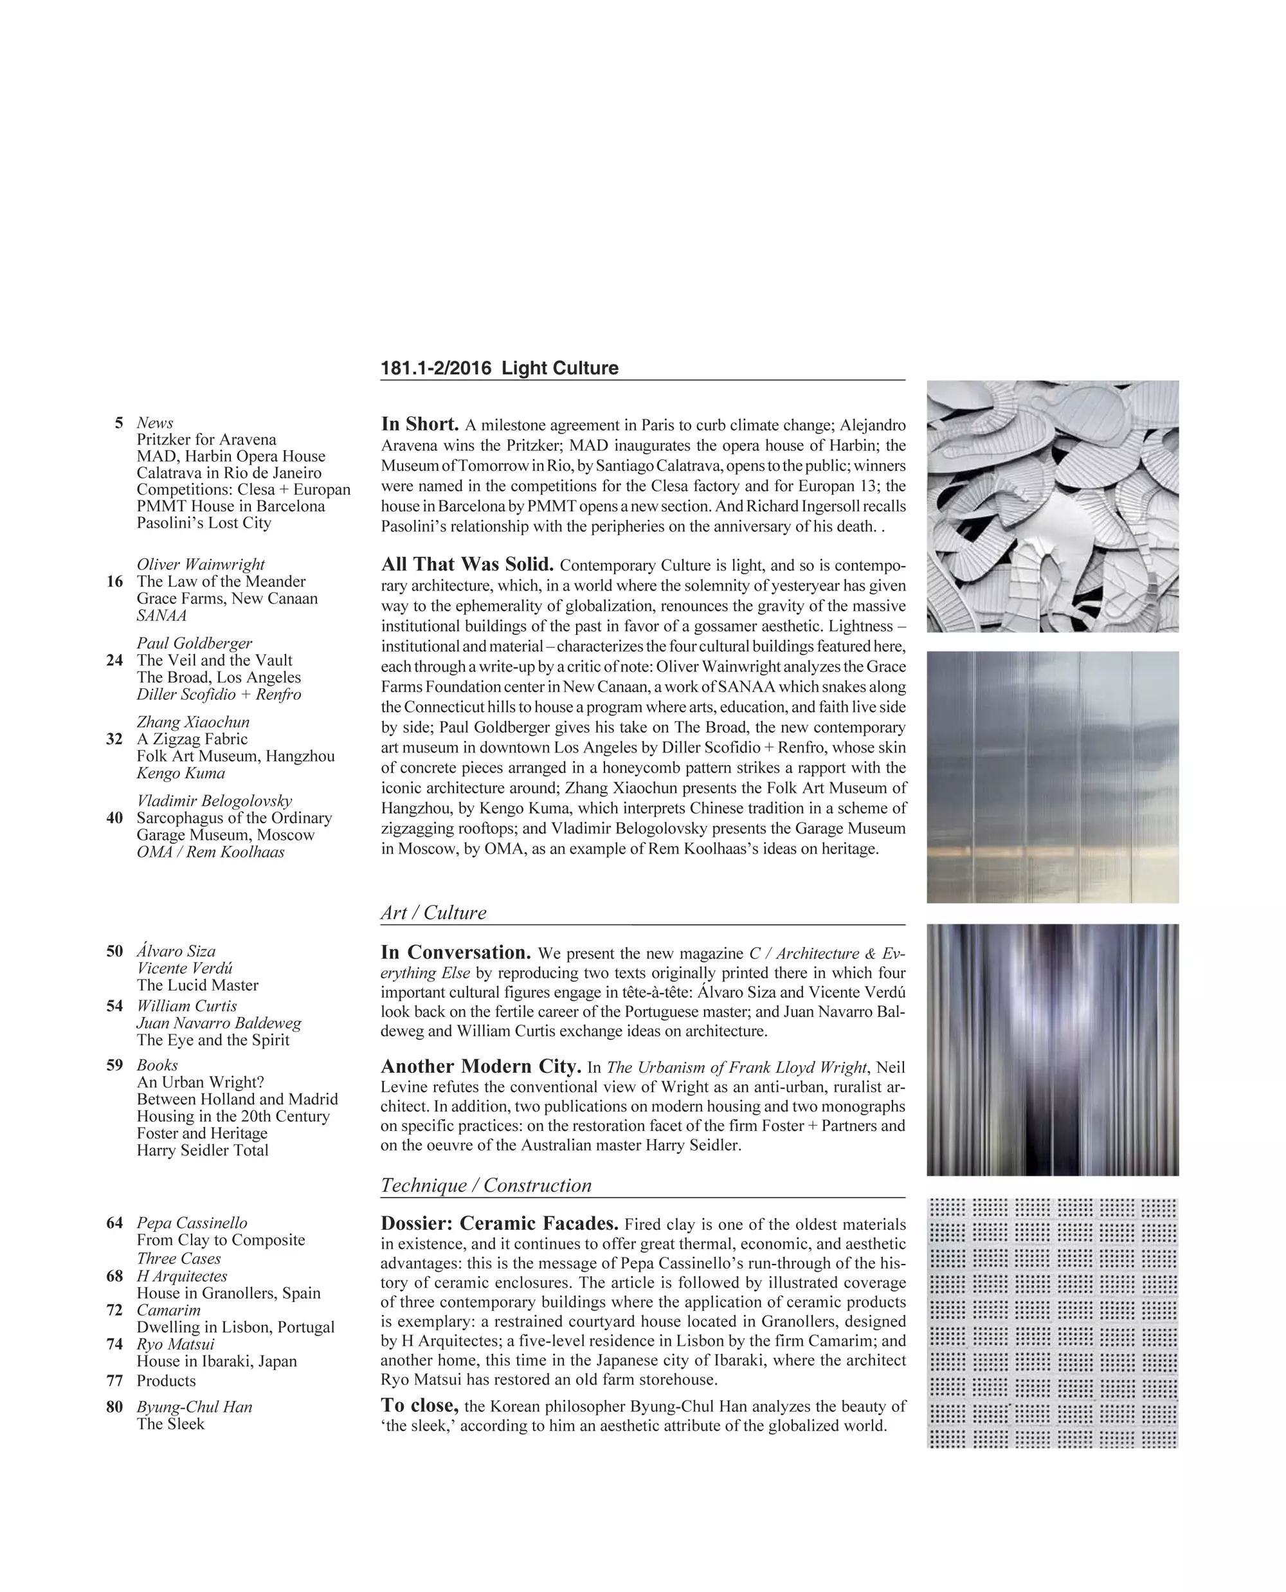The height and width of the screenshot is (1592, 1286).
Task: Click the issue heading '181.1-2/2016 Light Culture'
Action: coord(499,369)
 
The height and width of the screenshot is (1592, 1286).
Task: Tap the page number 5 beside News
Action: coord(118,423)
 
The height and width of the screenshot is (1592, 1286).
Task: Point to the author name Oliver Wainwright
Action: coord(200,564)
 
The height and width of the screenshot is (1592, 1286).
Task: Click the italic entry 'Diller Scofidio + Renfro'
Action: coord(219,695)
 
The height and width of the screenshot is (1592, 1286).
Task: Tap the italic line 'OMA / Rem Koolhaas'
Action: coord(210,852)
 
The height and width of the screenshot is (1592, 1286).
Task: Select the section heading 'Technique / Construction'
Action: coord(486,1185)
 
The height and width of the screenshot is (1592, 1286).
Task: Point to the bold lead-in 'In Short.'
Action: coord(420,424)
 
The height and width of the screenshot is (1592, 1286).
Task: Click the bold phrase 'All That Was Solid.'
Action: coord(467,564)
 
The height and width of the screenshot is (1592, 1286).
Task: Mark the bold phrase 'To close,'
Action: coord(419,1405)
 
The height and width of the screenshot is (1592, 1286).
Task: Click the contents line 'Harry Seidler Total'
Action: coord(203,1150)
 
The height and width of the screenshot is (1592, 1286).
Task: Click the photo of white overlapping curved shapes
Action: coord(1052,506)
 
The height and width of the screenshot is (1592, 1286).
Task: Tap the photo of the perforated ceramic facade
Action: coord(1052,1322)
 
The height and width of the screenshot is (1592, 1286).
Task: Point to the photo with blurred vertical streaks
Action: coord(1052,1050)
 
